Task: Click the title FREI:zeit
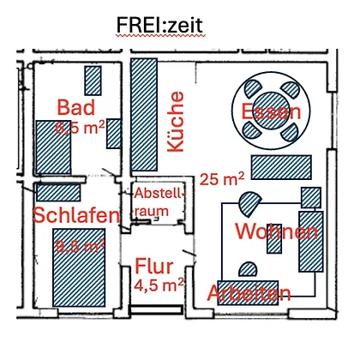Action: click(159, 25)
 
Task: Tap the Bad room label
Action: click(76, 107)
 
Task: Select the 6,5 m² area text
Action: click(80, 127)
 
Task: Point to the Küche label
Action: click(175, 122)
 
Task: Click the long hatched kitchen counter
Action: click(144, 115)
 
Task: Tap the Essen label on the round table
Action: click(271, 111)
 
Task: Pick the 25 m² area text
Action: click(222, 179)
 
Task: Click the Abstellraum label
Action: click(159, 202)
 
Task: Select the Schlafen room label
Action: click(76, 215)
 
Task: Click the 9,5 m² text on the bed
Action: click(80, 245)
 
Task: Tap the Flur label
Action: click(154, 267)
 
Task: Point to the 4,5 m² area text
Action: click(159, 285)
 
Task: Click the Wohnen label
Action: click(276, 231)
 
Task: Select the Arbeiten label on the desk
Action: click(249, 293)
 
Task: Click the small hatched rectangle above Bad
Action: click(93, 81)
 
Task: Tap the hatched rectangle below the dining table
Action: click(281, 167)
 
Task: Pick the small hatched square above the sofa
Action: click(311, 197)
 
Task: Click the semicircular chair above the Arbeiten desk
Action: click(248, 269)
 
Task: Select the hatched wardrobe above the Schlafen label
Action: click(58, 192)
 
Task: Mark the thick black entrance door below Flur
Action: click(156, 309)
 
